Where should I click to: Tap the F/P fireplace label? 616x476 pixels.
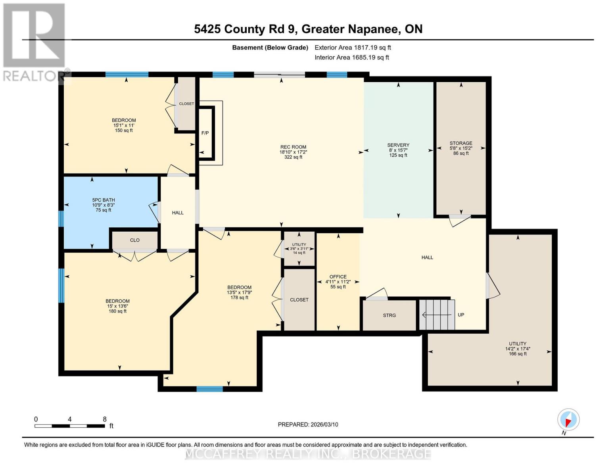(205, 133)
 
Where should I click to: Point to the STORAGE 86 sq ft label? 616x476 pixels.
(461, 148)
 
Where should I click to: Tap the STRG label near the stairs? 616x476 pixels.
(389, 315)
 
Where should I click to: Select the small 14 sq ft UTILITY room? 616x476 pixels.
(299, 249)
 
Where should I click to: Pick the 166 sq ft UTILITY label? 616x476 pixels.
(518, 349)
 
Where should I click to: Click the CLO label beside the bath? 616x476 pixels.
(135, 240)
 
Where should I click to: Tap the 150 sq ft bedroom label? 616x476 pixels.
(124, 125)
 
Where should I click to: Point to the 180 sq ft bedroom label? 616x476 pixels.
(117, 306)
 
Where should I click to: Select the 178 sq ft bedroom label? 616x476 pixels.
(239, 292)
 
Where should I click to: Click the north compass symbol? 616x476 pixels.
(568, 420)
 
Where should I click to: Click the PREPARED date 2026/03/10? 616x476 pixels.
(308, 424)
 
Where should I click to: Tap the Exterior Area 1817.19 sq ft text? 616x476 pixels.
(353, 48)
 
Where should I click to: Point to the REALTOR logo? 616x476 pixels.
(34, 42)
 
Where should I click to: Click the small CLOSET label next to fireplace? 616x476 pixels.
(186, 104)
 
